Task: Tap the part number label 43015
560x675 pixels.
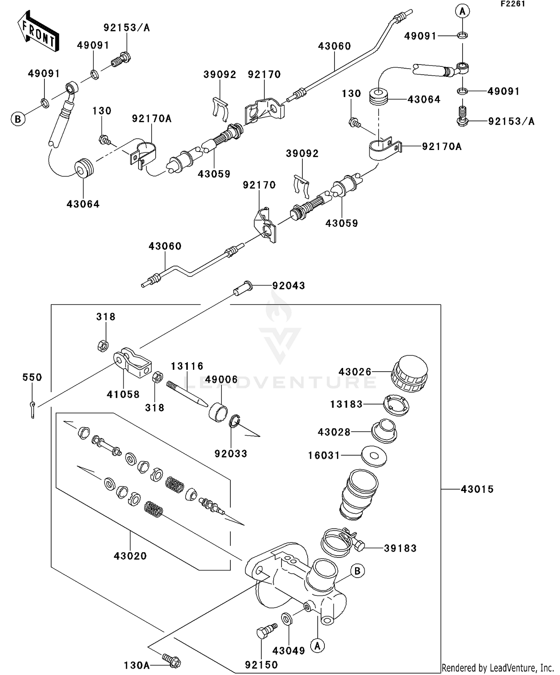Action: coord(477,489)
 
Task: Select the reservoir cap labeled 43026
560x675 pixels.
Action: coord(409,374)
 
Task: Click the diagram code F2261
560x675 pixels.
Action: coord(513,4)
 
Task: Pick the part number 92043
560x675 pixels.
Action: coord(289,286)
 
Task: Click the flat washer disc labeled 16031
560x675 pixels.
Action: coord(374,456)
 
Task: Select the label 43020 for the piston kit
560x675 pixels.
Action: coord(130,556)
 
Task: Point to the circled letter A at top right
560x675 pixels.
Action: coord(462,12)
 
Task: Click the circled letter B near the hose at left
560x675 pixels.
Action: coord(18,119)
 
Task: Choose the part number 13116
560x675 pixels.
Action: coord(187,366)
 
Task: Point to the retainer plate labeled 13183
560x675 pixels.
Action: coord(396,404)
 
